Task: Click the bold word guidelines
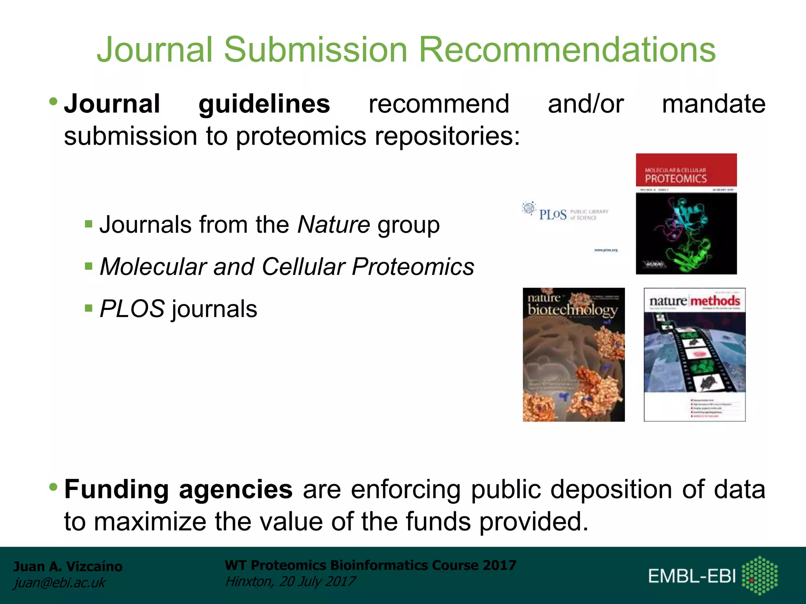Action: click(x=264, y=104)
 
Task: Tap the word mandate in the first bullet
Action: click(x=714, y=104)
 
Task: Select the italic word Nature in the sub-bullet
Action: click(x=333, y=225)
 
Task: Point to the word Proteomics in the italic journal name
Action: click(x=413, y=267)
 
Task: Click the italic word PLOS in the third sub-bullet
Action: click(x=132, y=309)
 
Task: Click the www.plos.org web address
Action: click(x=606, y=250)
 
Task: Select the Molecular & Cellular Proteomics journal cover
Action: click(x=686, y=214)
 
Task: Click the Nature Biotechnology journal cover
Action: click(x=573, y=355)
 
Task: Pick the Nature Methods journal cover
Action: click(x=694, y=355)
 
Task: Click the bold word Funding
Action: click(x=116, y=490)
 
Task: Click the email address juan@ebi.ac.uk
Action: click(x=59, y=583)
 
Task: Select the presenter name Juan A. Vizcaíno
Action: click(x=68, y=566)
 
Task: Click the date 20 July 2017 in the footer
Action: click(x=317, y=582)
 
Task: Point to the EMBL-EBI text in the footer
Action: click(x=691, y=576)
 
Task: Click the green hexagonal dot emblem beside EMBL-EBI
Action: click(x=759, y=575)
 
